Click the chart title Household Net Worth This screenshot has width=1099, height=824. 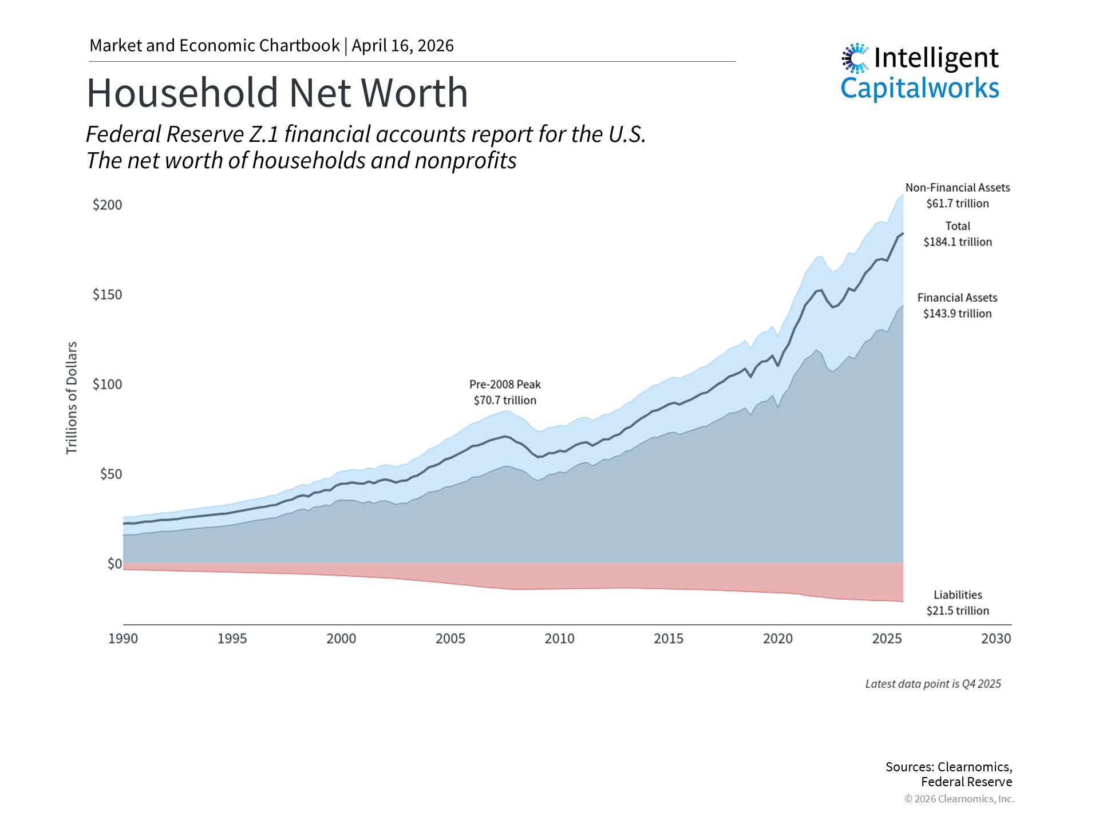coord(277,93)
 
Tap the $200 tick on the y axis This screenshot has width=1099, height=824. coord(108,205)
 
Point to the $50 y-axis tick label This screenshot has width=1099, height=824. coord(111,474)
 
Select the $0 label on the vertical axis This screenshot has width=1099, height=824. coord(114,564)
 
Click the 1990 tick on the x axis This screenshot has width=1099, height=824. coord(123,639)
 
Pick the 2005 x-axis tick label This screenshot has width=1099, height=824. coord(450,639)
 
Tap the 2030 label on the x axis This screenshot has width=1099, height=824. coord(996,639)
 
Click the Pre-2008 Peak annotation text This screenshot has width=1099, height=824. coord(505,385)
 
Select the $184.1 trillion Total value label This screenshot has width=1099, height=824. coord(958,242)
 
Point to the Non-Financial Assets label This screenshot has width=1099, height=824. coord(958,188)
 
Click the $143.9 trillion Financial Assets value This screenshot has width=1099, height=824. coord(957,314)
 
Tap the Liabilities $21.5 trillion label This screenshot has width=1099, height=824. coord(958,603)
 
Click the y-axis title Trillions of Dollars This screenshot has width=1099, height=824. coord(72,398)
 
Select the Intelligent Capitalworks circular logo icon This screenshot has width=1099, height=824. coord(855,58)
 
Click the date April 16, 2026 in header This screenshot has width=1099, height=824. coord(402,46)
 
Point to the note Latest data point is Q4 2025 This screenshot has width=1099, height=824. coord(933,684)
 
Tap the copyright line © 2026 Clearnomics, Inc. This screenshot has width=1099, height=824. coord(959,799)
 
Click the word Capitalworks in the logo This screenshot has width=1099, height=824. coord(919,88)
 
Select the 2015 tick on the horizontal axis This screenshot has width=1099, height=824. coord(669,639)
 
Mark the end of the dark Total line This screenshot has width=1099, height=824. coord(903,233)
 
